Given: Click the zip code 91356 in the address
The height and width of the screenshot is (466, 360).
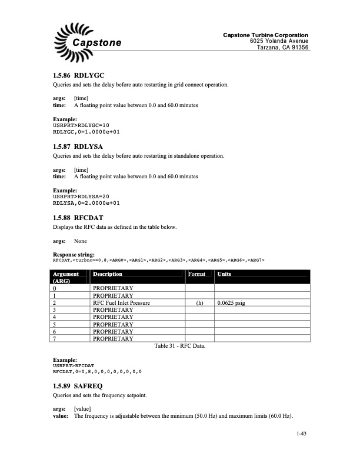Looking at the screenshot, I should click(298, 48).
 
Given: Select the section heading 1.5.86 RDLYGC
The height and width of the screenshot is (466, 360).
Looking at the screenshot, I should click(78, 76).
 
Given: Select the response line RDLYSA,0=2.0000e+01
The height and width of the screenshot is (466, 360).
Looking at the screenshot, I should click(86, 203).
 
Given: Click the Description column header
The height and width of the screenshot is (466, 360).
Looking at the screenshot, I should click(108, 274).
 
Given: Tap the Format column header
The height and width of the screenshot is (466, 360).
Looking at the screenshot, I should click(196, 274).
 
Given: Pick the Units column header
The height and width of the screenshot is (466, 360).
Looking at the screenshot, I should click(224, 274).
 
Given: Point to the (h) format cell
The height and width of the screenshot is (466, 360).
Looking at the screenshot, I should click(199, 302).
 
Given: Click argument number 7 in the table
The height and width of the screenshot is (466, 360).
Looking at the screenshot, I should click(55, 338).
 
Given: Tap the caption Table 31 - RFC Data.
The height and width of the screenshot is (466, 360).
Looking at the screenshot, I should click(179, 347).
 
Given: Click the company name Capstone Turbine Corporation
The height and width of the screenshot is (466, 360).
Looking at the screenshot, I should click(265, 35).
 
